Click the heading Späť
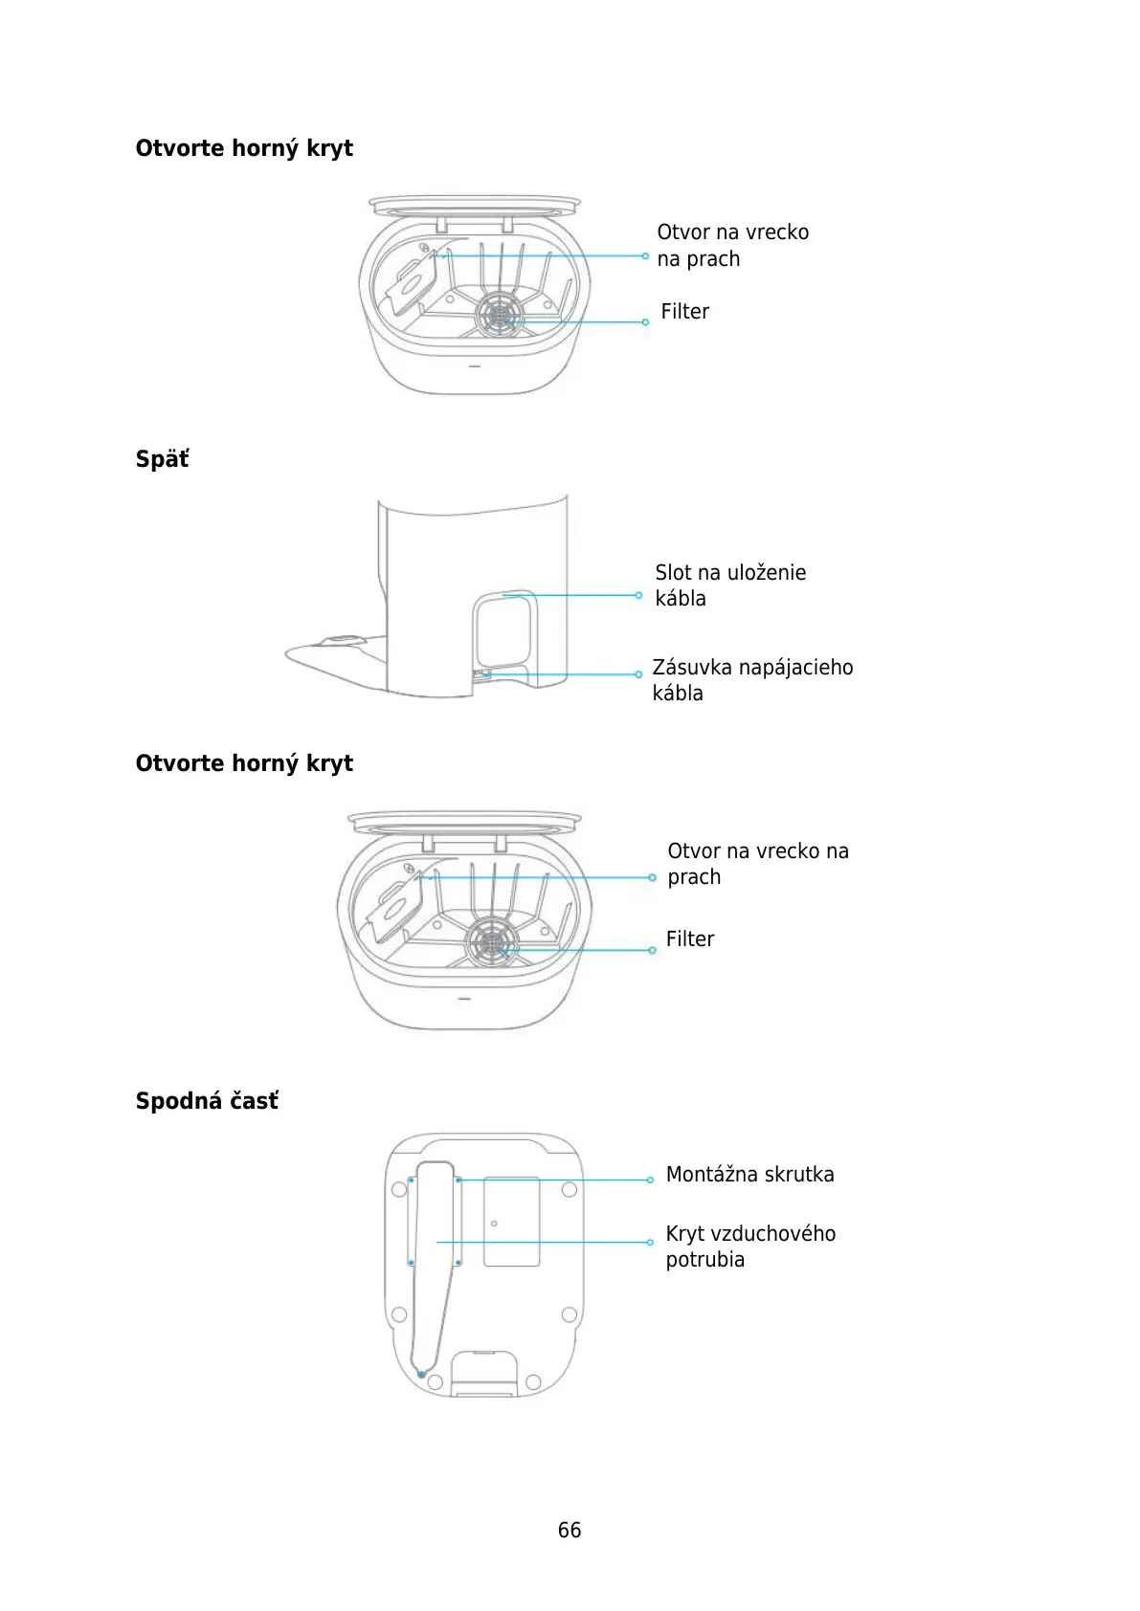[x=162, y=459]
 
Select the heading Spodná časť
[x=207, y=1100]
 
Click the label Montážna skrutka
[x=749, y=1175]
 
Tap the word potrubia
[x=704, y=1260]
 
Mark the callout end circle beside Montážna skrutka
[x=650, y=1181]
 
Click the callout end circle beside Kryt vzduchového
[x=650, y=1242]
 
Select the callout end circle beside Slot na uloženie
[x=638, y=595]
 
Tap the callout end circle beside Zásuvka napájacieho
[x=638, y=674]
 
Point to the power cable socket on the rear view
[x=481, y=674]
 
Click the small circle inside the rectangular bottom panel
[x=494, y=1224]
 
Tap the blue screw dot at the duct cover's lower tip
[x=422, y=1375]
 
